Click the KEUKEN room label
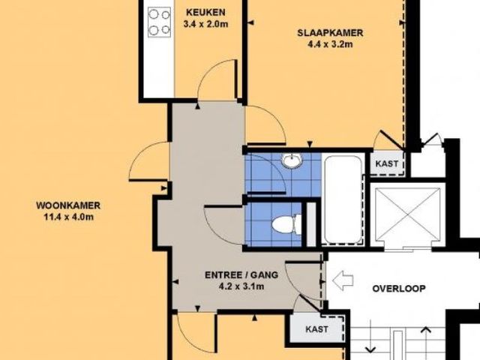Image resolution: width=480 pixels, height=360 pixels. pos(205,13)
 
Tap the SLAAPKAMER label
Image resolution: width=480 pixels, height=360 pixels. pos(330,33)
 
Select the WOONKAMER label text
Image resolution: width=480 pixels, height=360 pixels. pos(68,205)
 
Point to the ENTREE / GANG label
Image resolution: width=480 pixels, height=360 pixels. pos(241,275)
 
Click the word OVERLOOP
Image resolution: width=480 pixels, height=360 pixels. pos(399,289)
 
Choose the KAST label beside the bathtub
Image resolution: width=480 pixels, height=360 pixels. pos(387,163)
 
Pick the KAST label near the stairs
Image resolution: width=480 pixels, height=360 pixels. pos(316,329)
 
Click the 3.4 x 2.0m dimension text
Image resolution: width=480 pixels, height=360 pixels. pos(205,24)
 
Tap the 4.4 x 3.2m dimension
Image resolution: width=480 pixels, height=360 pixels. pos(330,44)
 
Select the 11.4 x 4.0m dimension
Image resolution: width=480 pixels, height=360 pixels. pos(68,217)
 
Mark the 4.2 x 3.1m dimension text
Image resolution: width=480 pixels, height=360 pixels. pos(241,286)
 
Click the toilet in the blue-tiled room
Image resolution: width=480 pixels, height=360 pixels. pos(286,224)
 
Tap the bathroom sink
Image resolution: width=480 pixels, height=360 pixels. pos(292,160)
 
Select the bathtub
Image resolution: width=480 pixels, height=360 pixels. pos(343,200)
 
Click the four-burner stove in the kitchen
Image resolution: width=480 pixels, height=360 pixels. pos(160,22)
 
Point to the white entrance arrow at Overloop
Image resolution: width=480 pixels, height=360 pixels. pos(343,280)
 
